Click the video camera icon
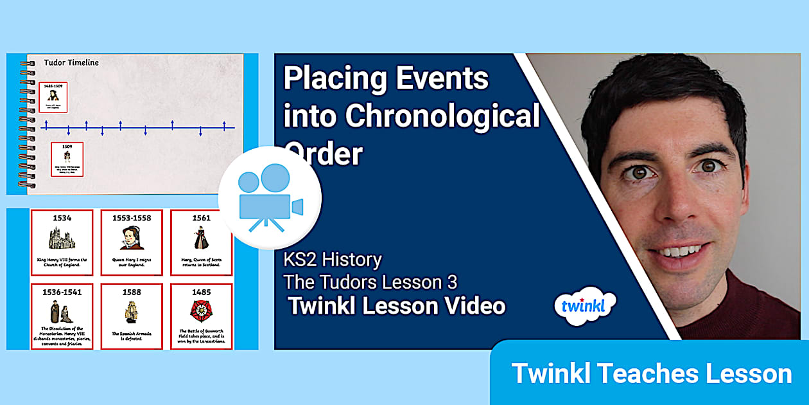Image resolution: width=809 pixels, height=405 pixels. pos(270,197)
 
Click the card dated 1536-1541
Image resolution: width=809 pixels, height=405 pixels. pos(62,316)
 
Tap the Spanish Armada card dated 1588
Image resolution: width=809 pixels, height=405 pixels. pos(132,316)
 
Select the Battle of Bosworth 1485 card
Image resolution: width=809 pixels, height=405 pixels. pos(201,316)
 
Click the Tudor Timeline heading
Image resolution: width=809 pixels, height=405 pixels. pos(71,62)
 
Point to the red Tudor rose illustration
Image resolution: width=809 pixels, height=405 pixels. pos(201,310)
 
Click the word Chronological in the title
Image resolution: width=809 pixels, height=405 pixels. pos(411,116)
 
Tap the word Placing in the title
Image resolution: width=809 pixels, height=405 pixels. pos(334,79)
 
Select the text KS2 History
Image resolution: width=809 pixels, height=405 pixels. pos(333,260)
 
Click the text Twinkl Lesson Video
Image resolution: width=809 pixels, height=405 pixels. pos(397,306)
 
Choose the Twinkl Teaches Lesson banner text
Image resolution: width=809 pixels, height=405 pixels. pos(651,373)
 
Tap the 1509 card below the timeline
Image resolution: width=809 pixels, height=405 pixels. pos(67,159)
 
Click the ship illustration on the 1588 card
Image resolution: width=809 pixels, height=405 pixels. pos(132,311)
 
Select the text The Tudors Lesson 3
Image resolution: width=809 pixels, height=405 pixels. pos(371,282)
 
